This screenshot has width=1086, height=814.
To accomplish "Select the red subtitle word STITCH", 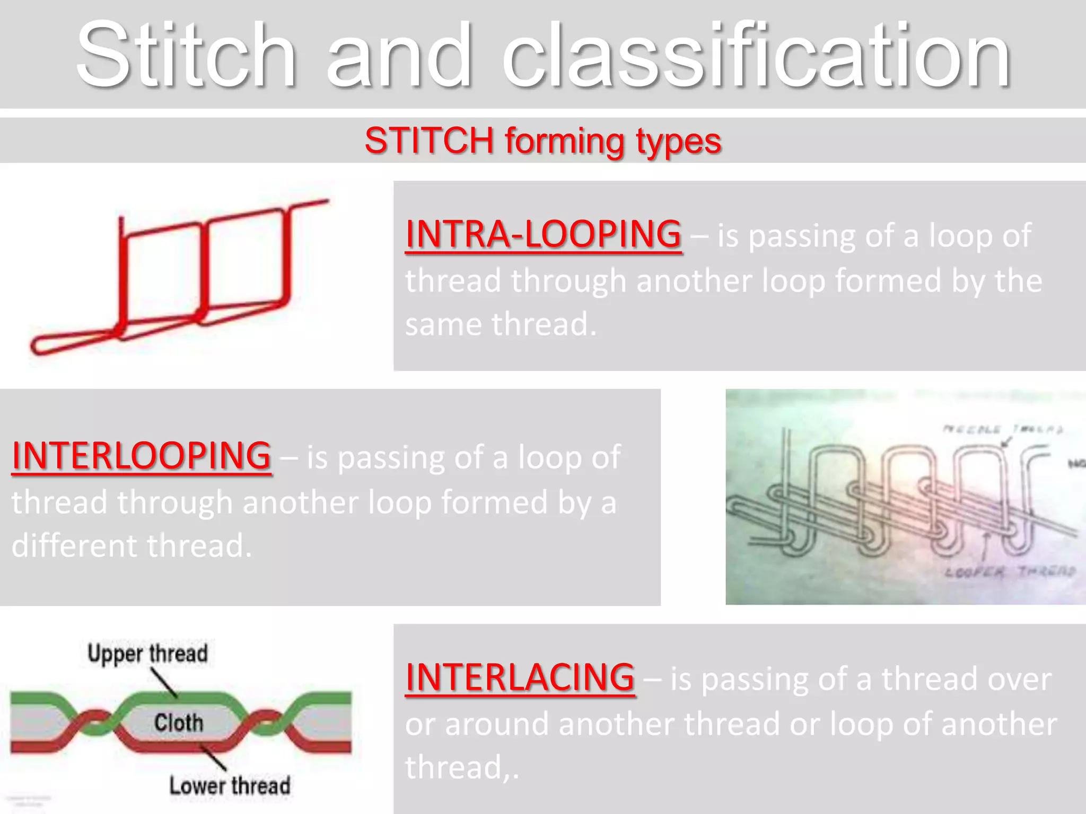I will [x=429, y=141].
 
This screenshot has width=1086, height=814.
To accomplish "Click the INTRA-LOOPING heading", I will [x=543, y=234].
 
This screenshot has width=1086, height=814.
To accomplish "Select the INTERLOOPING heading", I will [x=141, y=456].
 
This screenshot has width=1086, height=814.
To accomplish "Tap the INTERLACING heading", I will [x=520, y=678].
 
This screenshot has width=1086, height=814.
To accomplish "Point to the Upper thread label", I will [x=147, y=653].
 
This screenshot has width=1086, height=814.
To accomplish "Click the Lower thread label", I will [x=230, y=785].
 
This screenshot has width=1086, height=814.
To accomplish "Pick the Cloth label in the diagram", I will [x=179, y=722].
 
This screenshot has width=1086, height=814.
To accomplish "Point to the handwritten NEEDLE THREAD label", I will [x=1002, y=430].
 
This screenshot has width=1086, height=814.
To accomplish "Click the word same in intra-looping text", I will [x=444, y=324].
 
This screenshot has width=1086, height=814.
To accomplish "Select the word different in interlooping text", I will [x=73, y=546].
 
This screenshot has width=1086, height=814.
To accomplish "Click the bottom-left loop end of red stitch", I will [x=37, y=347].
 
